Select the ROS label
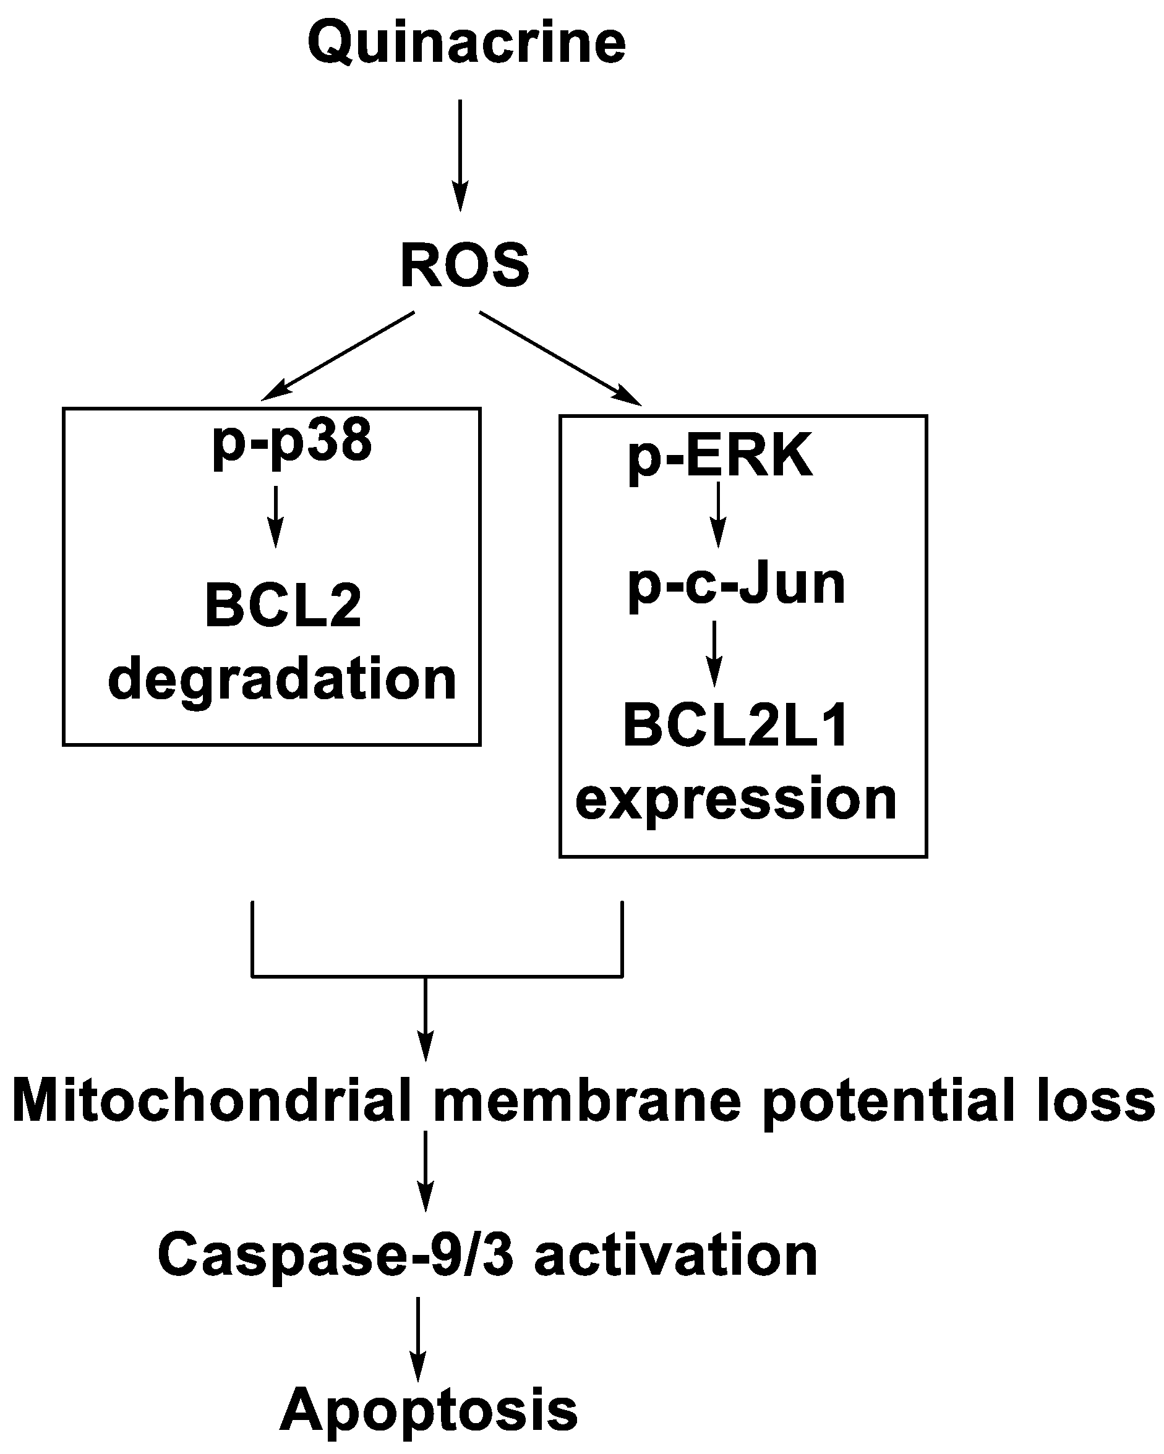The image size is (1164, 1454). tap(465, 266)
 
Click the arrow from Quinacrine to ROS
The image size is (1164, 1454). tap(460, 155)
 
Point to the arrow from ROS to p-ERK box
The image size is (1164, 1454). tap(560, 358)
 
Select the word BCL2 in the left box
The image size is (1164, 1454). tap(283, 606)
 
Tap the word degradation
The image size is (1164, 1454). tap(282, 679)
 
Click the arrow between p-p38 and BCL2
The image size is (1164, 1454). tap(275, 516)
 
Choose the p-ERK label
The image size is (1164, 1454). tap(720, 457)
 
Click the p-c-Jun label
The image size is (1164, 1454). tap(736, 584)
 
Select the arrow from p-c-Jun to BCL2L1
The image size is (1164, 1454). tap(714, 652)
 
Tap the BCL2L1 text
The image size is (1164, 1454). tap(735, 726)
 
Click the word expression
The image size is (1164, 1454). tap(735, 800)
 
